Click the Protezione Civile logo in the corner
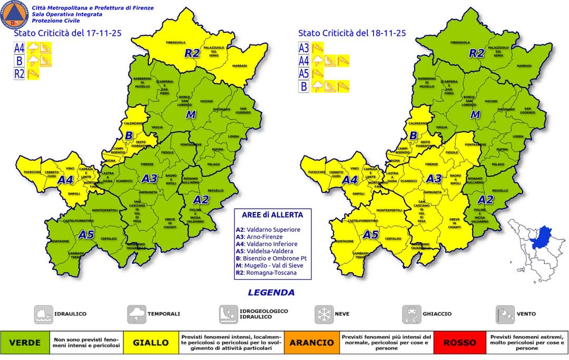point(15,15)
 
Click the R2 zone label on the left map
point(192,53)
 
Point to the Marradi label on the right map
point(523,66)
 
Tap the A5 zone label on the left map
point(86,235)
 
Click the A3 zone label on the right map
point(434,179)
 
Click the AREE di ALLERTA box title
point(272,215)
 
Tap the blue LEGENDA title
point(271,293)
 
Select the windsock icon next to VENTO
point(505,314)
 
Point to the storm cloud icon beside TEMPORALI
point(136,314)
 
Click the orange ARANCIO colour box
point(313,343)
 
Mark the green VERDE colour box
point(25,343)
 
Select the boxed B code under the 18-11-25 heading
point(303,86)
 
